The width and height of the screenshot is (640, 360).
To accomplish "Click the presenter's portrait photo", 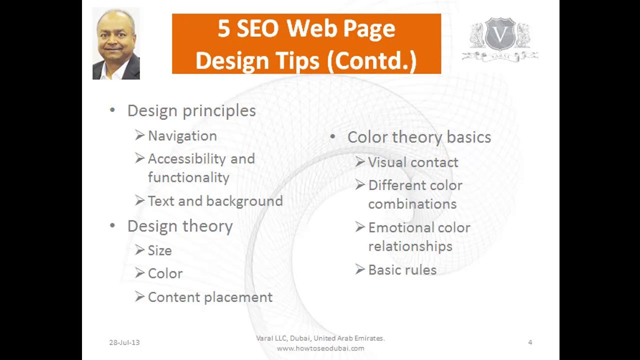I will (x=116, y=44).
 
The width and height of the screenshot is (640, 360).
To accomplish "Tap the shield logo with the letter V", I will (x=500, y=35).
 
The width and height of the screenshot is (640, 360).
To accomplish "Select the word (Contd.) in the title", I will (x=371, y=61).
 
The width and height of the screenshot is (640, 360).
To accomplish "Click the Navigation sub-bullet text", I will (x=182, y=136).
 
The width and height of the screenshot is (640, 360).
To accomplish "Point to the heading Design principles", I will (x=191, y=110).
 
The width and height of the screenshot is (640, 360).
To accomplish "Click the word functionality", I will (x=188, y=177).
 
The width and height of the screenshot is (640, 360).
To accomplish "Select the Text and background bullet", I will (x=215, y=201).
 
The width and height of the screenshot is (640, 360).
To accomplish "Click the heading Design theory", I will (x=180, y=226).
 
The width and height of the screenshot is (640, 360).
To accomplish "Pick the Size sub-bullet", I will (x=159, y=250).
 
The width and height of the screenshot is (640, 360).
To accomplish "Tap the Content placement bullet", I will (x=210, y=297).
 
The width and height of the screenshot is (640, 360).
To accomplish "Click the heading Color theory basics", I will (x=419, y=137).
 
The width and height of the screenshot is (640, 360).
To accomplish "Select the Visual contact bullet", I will (x=413, y=162).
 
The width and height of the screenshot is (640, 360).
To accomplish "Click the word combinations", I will (x=412, y=204).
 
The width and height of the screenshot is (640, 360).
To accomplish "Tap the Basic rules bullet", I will (x=402, y=270).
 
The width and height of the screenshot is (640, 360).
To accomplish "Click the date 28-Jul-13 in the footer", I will (x=124, y=342).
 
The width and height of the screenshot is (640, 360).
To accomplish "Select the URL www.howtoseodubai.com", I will (x=320, y=348).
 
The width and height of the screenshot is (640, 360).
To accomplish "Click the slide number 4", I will (x=530, y=342).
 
